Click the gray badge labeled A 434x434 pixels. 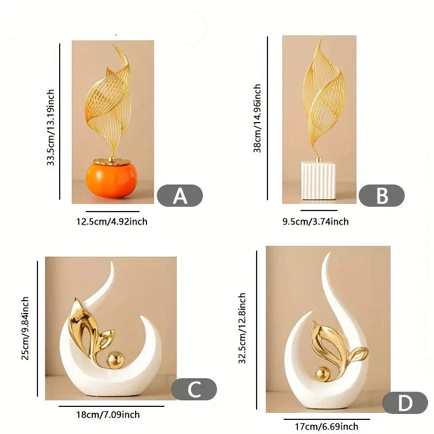coord(180,195)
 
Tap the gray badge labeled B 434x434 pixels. coord(382,195)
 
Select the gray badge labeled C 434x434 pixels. coord(194,389)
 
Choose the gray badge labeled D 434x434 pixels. coord(405,403)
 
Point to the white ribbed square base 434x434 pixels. coord(318,181)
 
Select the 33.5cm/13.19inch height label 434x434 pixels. coord(50,127)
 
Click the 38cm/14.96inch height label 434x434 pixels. coord(257,118)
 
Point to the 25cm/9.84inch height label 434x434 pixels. coord(25,328)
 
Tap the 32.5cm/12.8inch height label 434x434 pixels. coord(242,328)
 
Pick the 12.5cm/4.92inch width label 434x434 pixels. coord(112,222)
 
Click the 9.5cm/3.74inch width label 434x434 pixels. coord(316,222)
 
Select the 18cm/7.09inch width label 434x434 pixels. coord(108,414)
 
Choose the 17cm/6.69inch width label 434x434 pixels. coord(327,426)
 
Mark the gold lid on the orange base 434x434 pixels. coord(112,161)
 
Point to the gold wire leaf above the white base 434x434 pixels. coord(323,97)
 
